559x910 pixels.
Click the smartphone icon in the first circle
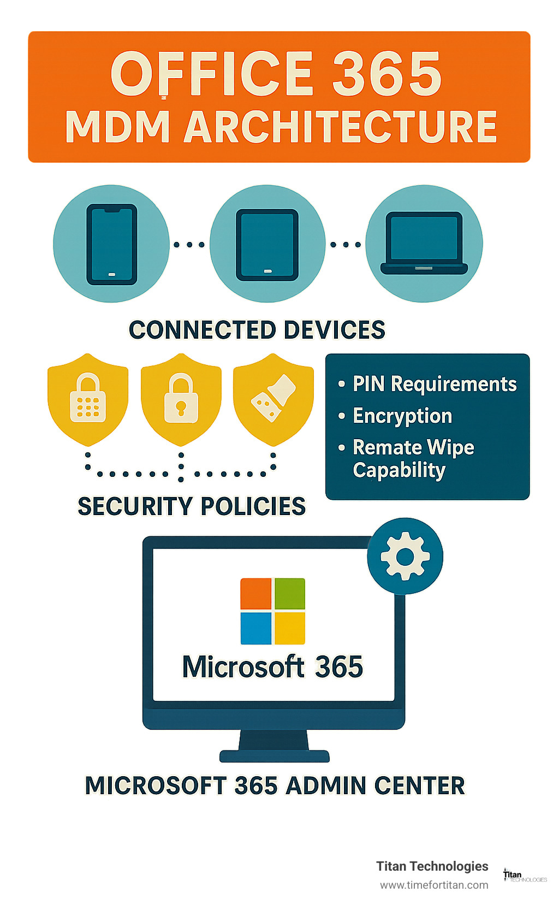click(x=111, y=244)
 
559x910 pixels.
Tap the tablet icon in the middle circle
click(x=267, y=245)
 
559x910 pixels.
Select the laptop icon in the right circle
click(x=424, y=243)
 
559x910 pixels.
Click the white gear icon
click(x=405, y=556)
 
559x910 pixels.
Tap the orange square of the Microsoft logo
click(x=256, y=594)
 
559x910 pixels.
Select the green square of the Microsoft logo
click(x=290, y=594)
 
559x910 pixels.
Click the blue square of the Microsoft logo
click(x=256, y=628)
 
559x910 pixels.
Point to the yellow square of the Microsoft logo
click(x=290, y=628)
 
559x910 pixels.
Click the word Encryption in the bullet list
click(x=402, y=416)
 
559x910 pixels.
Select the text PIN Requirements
click(x=435, y=384)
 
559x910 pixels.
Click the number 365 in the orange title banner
click(x=386, y=74)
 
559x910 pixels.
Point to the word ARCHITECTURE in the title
click(x=340, y=127)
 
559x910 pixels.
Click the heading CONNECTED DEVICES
click(x=257, y=330)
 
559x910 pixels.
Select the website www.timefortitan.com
click(x=434, y=885)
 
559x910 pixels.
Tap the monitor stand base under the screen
click(x=274, y=756)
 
